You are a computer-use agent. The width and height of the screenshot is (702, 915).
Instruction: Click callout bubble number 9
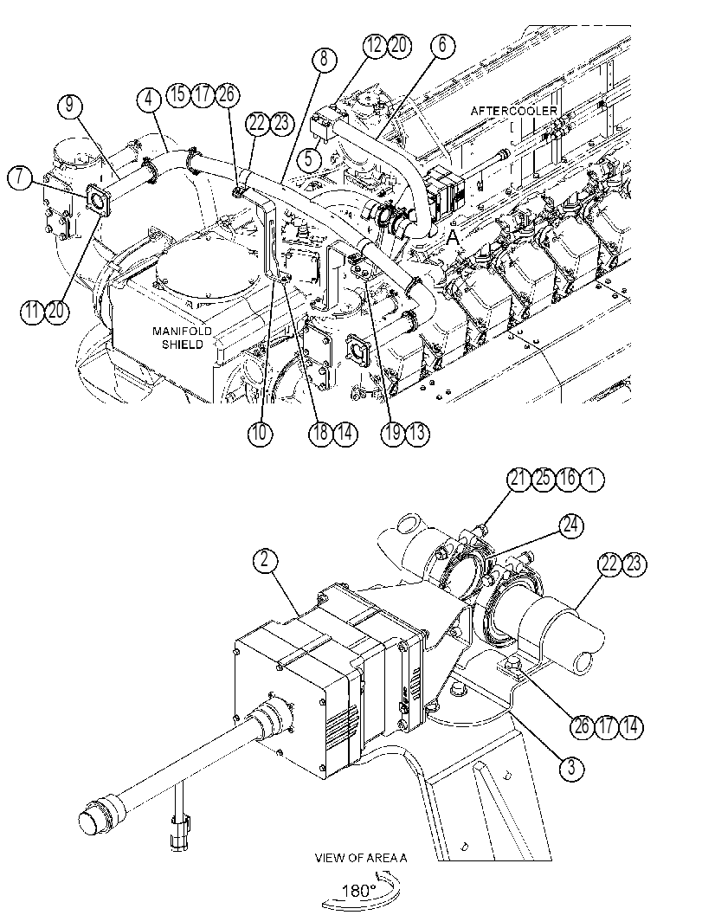pyautogui.click(x=70, y=106)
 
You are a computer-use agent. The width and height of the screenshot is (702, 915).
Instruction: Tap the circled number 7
pyautogui.click(x=20, y=176)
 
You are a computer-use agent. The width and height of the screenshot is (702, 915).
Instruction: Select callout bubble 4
pyautogui.click(x=149, y=100)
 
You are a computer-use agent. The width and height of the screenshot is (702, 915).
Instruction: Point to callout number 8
pyautogui.click(x=325, y=60)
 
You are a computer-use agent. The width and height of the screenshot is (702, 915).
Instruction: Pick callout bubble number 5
pyautogui.click(x=309, y=158)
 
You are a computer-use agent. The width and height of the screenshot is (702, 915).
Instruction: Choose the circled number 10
pyautogui.click(x=260, y=433)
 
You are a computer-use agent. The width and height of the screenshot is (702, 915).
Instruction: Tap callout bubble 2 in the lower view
pyautogui.click(x=265, y=560)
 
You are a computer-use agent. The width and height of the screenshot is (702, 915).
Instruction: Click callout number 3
pyautogui.click(x=570, y=767)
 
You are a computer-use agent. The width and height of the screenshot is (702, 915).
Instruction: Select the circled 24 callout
pyautogui.click(x=570, y=525)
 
